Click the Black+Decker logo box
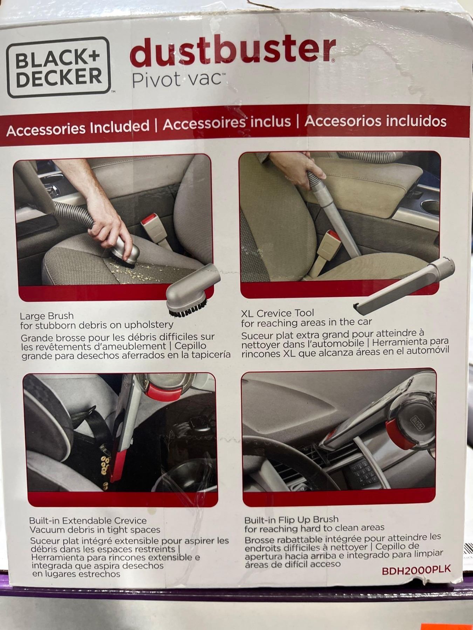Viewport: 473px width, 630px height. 58,66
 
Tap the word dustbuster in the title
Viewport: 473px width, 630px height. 232,51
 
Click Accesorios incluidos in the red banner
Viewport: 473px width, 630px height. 376,121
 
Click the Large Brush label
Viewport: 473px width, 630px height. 47,316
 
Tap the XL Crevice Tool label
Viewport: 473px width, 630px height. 277,313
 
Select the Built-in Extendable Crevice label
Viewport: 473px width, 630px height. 88,520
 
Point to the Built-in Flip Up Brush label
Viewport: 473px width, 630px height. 292,519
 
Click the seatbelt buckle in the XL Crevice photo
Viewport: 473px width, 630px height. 328,248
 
